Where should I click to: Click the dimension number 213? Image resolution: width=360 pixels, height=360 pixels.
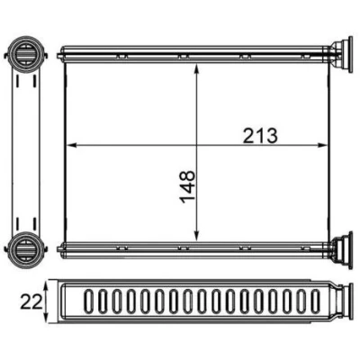coord(260,136)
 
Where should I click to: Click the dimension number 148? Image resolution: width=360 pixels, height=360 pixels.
coord(188,187)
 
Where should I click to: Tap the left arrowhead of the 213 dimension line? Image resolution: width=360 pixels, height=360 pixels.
coord(70,145)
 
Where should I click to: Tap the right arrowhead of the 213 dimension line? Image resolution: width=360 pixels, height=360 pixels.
coord(322,145)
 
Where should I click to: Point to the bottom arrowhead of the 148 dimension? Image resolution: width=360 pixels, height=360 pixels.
coord(196,236)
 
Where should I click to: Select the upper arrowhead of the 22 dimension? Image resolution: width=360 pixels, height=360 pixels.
coord(46,285)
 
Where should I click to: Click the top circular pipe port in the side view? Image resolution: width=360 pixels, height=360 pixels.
coord(25,54)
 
